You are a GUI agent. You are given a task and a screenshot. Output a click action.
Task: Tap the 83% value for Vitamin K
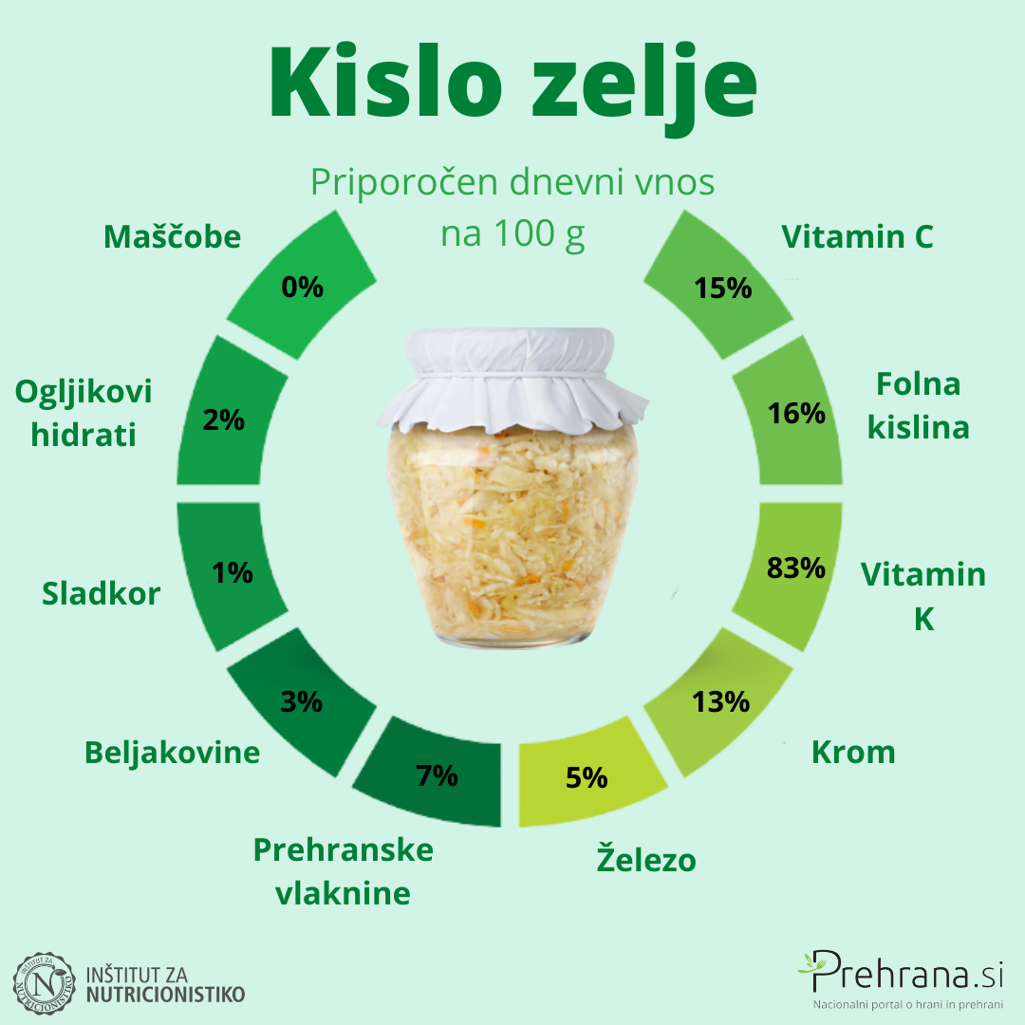point(795,568)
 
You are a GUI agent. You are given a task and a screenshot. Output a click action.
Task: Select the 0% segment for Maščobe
point(302,285)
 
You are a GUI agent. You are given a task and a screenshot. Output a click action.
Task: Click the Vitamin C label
point(857,236)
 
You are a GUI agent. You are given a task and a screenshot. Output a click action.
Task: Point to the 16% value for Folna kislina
point(796,413)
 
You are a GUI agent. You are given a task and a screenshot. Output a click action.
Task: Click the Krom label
point(853,752)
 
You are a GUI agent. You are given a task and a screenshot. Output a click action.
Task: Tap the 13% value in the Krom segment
point(720,702)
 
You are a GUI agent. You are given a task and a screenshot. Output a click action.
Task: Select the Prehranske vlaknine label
point(344,871)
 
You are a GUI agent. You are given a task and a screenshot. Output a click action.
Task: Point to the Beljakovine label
point(172,753)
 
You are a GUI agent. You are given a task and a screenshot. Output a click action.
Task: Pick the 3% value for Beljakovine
point(302,702)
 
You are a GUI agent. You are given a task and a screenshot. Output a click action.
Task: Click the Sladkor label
point(101,593)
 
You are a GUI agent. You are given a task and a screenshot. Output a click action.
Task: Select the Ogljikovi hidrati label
point(83,413)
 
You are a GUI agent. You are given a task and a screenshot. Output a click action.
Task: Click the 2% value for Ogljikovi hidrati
point(224,419)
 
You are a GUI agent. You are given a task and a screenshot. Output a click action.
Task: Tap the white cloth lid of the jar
point(511,379)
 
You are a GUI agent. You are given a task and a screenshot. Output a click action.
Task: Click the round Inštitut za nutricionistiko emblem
point(44,984)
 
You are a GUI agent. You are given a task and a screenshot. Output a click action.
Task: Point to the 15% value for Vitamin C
point(722,289)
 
